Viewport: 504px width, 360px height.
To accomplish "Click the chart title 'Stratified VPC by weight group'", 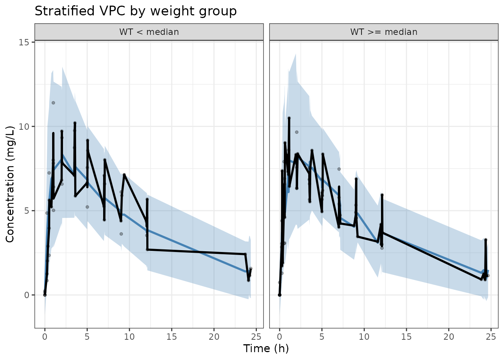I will click(x=135, y=11).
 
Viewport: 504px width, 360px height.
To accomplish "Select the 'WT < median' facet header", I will click(x=149, y=32).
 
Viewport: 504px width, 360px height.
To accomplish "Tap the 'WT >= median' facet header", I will click(x=384, y=32).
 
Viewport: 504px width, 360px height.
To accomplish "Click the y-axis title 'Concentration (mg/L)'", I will click(x=10, y=184).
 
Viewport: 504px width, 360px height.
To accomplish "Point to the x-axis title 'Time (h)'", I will click(x=266, y=348).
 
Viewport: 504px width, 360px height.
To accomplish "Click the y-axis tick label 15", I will click(x=24, y=42).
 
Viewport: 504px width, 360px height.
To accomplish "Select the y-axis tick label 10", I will click(x=24, y=126).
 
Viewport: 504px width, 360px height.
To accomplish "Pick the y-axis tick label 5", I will click(x=27, y=211).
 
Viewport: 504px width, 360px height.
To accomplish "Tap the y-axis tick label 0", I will click(x=27, y=295).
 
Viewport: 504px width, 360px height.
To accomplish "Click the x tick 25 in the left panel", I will click(x=256, y=337).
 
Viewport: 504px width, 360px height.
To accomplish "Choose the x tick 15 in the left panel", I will click(x=171, y=337).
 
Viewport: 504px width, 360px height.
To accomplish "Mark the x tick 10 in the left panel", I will click(x=129, y=337).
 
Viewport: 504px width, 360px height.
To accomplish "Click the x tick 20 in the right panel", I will click(x=448, y=337).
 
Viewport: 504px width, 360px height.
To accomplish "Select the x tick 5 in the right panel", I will click(x=322, y=337).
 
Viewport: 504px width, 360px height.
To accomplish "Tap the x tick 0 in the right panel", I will click(x=279, y=337).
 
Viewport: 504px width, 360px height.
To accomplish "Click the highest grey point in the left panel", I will click(x=53, y=103).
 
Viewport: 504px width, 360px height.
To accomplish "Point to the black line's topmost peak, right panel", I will click(x=289, y=118).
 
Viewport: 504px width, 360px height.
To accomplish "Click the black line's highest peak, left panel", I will click(x=75, y=123).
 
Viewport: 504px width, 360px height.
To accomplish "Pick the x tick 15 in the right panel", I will click(x=406, y=337).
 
